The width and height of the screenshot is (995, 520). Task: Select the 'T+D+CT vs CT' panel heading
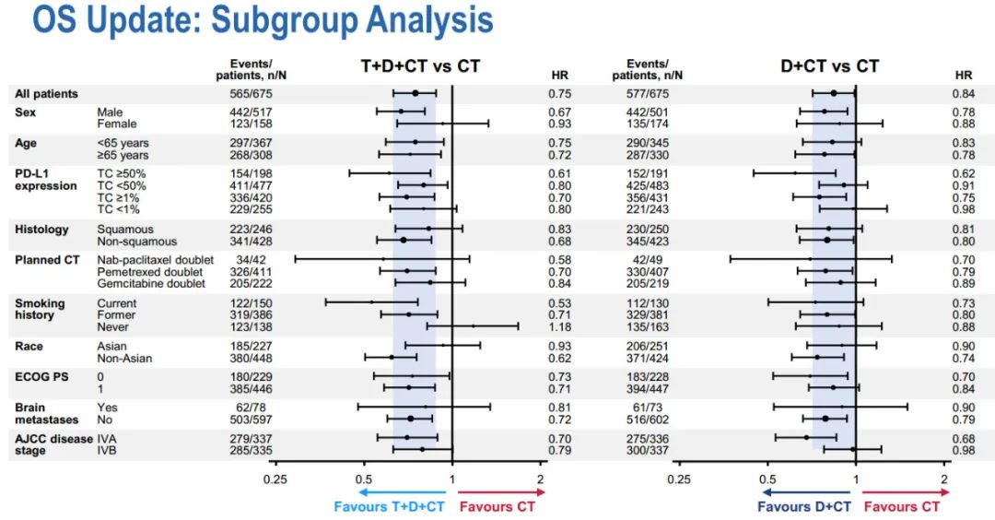[420, 66]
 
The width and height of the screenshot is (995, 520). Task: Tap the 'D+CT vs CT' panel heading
[829, 66]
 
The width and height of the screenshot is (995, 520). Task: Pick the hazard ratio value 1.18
[560, 326]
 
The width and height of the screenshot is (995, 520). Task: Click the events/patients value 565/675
[253, 93]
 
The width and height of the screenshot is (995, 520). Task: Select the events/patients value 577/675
[646, 93]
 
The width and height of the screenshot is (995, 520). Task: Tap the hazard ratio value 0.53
[560, 303]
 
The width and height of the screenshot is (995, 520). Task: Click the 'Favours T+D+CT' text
[389, 506]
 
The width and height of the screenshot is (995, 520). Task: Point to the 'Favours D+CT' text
[803, 506]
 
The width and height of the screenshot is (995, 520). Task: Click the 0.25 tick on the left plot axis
[275, 479]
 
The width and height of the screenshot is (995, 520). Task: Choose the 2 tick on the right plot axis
[944, 479]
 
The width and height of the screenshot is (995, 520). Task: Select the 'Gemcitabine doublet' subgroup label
[151, 283]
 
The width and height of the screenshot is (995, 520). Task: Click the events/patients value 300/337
[646, 451]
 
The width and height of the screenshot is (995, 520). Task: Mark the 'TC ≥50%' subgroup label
[122, 173]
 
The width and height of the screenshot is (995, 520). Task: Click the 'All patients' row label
[46, 93]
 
